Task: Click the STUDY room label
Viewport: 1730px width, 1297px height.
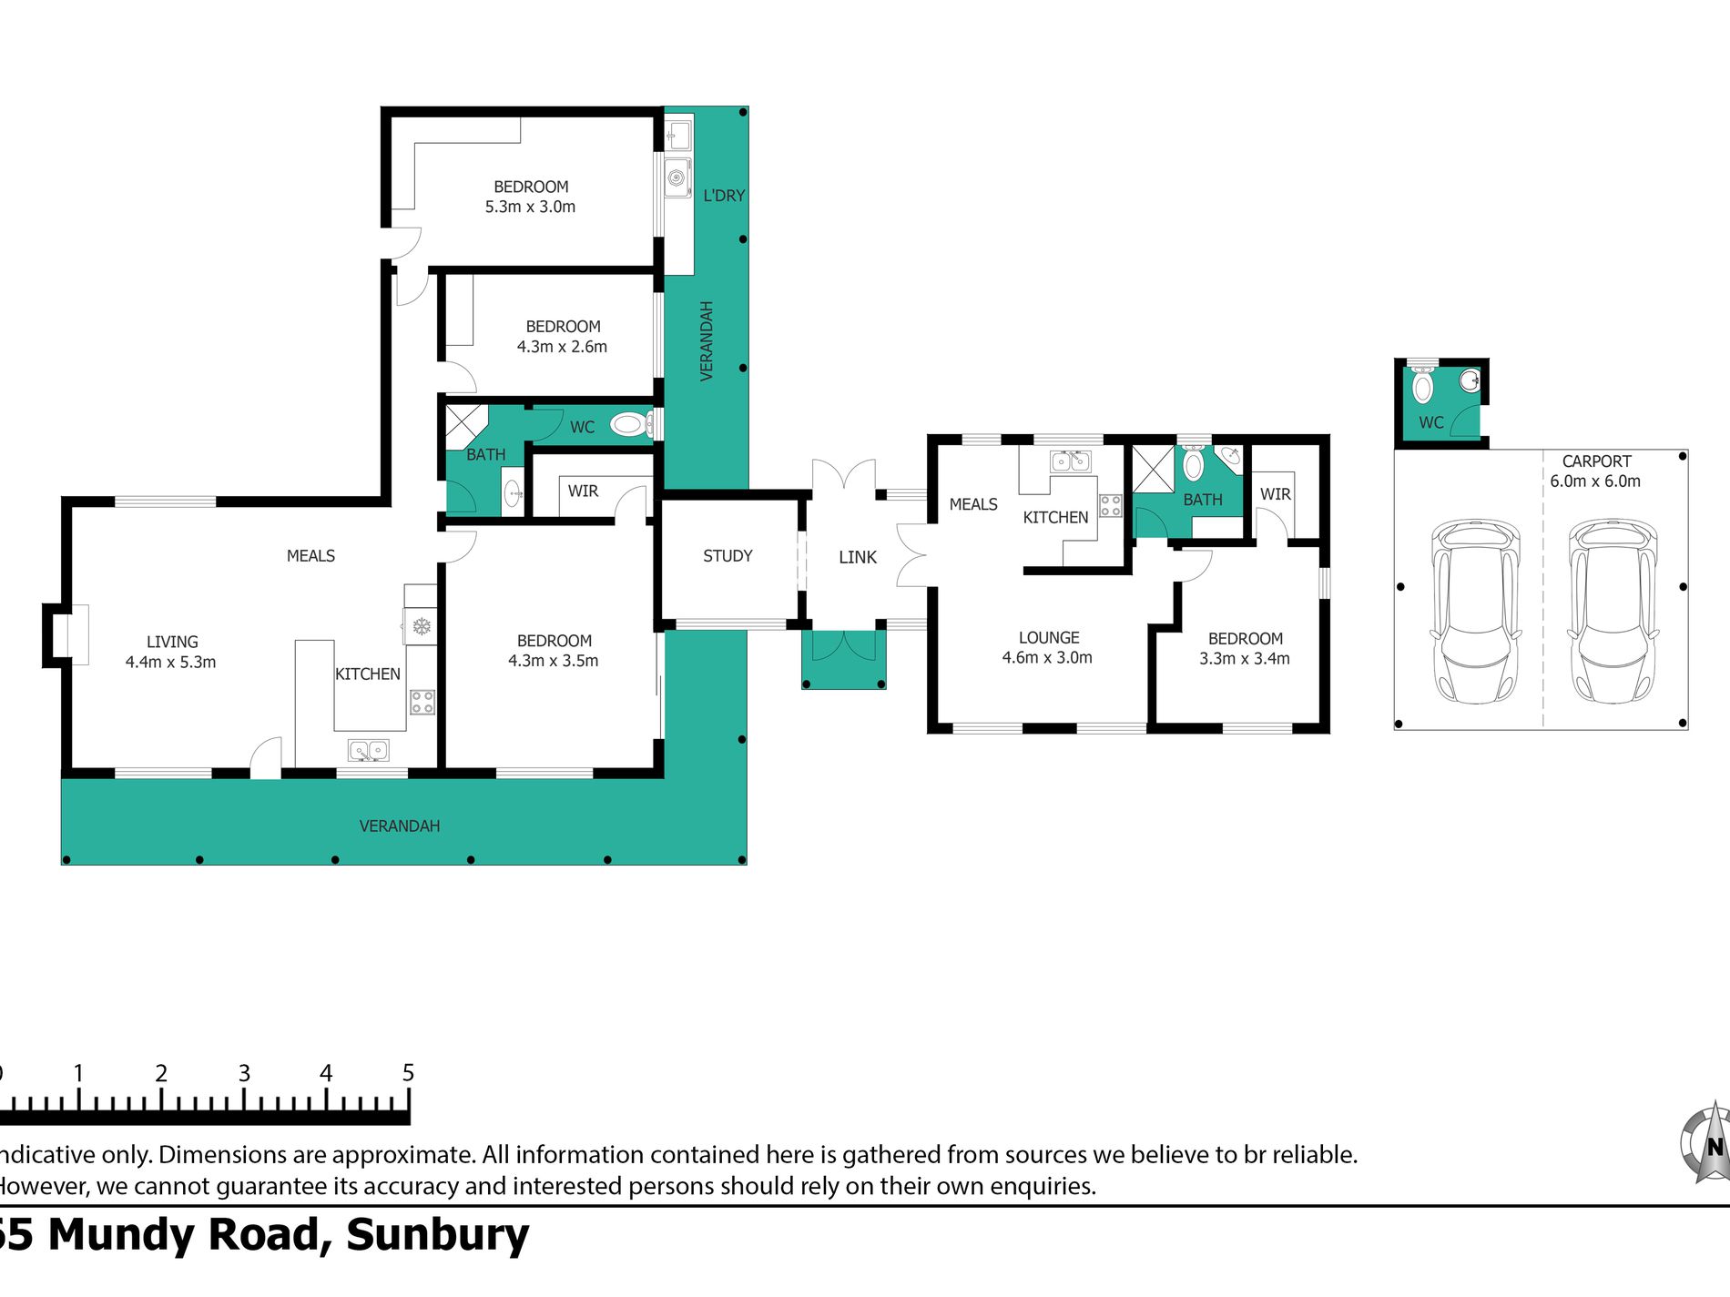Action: click(x=728, y=556)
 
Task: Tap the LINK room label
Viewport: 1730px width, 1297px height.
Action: click(x=858, y=557)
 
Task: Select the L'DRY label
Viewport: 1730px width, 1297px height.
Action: click(x=724, y=196)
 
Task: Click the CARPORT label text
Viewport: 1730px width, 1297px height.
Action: click(x=1596, y=461)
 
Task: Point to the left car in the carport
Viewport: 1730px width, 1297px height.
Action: click(x=1475, y=611)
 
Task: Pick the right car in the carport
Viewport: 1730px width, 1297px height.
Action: click(x=1612, y=611)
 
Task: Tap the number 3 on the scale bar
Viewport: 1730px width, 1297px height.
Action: click(x=244, y=1073)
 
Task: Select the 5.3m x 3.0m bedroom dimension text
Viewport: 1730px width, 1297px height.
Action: click(x=530, y=208)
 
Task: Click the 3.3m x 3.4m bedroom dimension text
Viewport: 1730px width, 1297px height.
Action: click(x=1245, y=659)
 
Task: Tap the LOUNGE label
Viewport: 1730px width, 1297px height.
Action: click(x=1049, y=638)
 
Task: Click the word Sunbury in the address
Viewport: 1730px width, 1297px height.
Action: click(x=438, y=1235)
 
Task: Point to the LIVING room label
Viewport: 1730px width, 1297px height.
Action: click(x=172, y=642)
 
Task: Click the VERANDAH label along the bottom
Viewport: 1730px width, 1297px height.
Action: click(x=400, y=826)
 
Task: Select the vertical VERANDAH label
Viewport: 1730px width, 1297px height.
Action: click(x=707, y=341)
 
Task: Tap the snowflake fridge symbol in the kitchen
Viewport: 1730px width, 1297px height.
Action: click(x=421, y=626)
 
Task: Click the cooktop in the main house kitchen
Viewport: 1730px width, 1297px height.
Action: click(x=422, y=702)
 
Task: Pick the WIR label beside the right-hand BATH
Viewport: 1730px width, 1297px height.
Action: click(x=1275, y=494)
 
